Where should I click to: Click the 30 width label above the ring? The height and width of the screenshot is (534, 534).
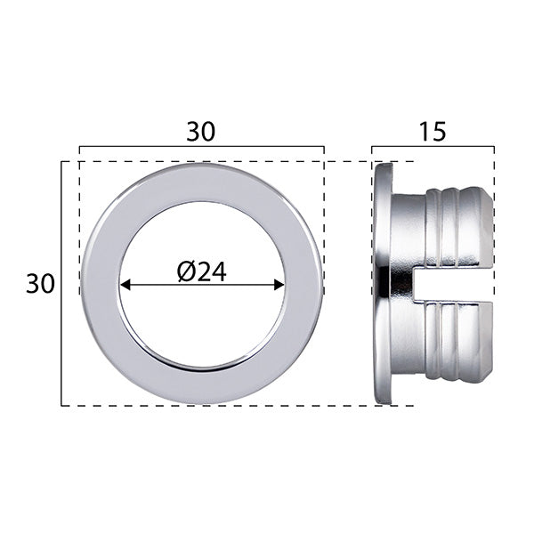[200, 131]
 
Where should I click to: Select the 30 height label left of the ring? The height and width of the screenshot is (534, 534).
[40, 284]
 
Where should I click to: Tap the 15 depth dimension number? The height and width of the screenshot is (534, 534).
[432, 131]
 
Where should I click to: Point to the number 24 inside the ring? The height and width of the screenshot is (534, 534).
[212, 271]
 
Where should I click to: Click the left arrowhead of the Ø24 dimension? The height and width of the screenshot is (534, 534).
[125, 285]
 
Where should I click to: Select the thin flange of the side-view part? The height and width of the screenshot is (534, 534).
[383, 285]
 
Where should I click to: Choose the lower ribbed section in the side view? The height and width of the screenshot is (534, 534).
[454, 343]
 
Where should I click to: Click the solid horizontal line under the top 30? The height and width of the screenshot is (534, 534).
[201, 147]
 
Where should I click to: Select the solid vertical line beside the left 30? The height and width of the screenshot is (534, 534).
[61, 284]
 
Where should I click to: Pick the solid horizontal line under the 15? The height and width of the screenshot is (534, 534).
[433, 147]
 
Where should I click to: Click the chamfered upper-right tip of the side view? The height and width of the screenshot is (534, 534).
[487, 195]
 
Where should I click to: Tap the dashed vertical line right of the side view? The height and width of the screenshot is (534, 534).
[493, 267]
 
